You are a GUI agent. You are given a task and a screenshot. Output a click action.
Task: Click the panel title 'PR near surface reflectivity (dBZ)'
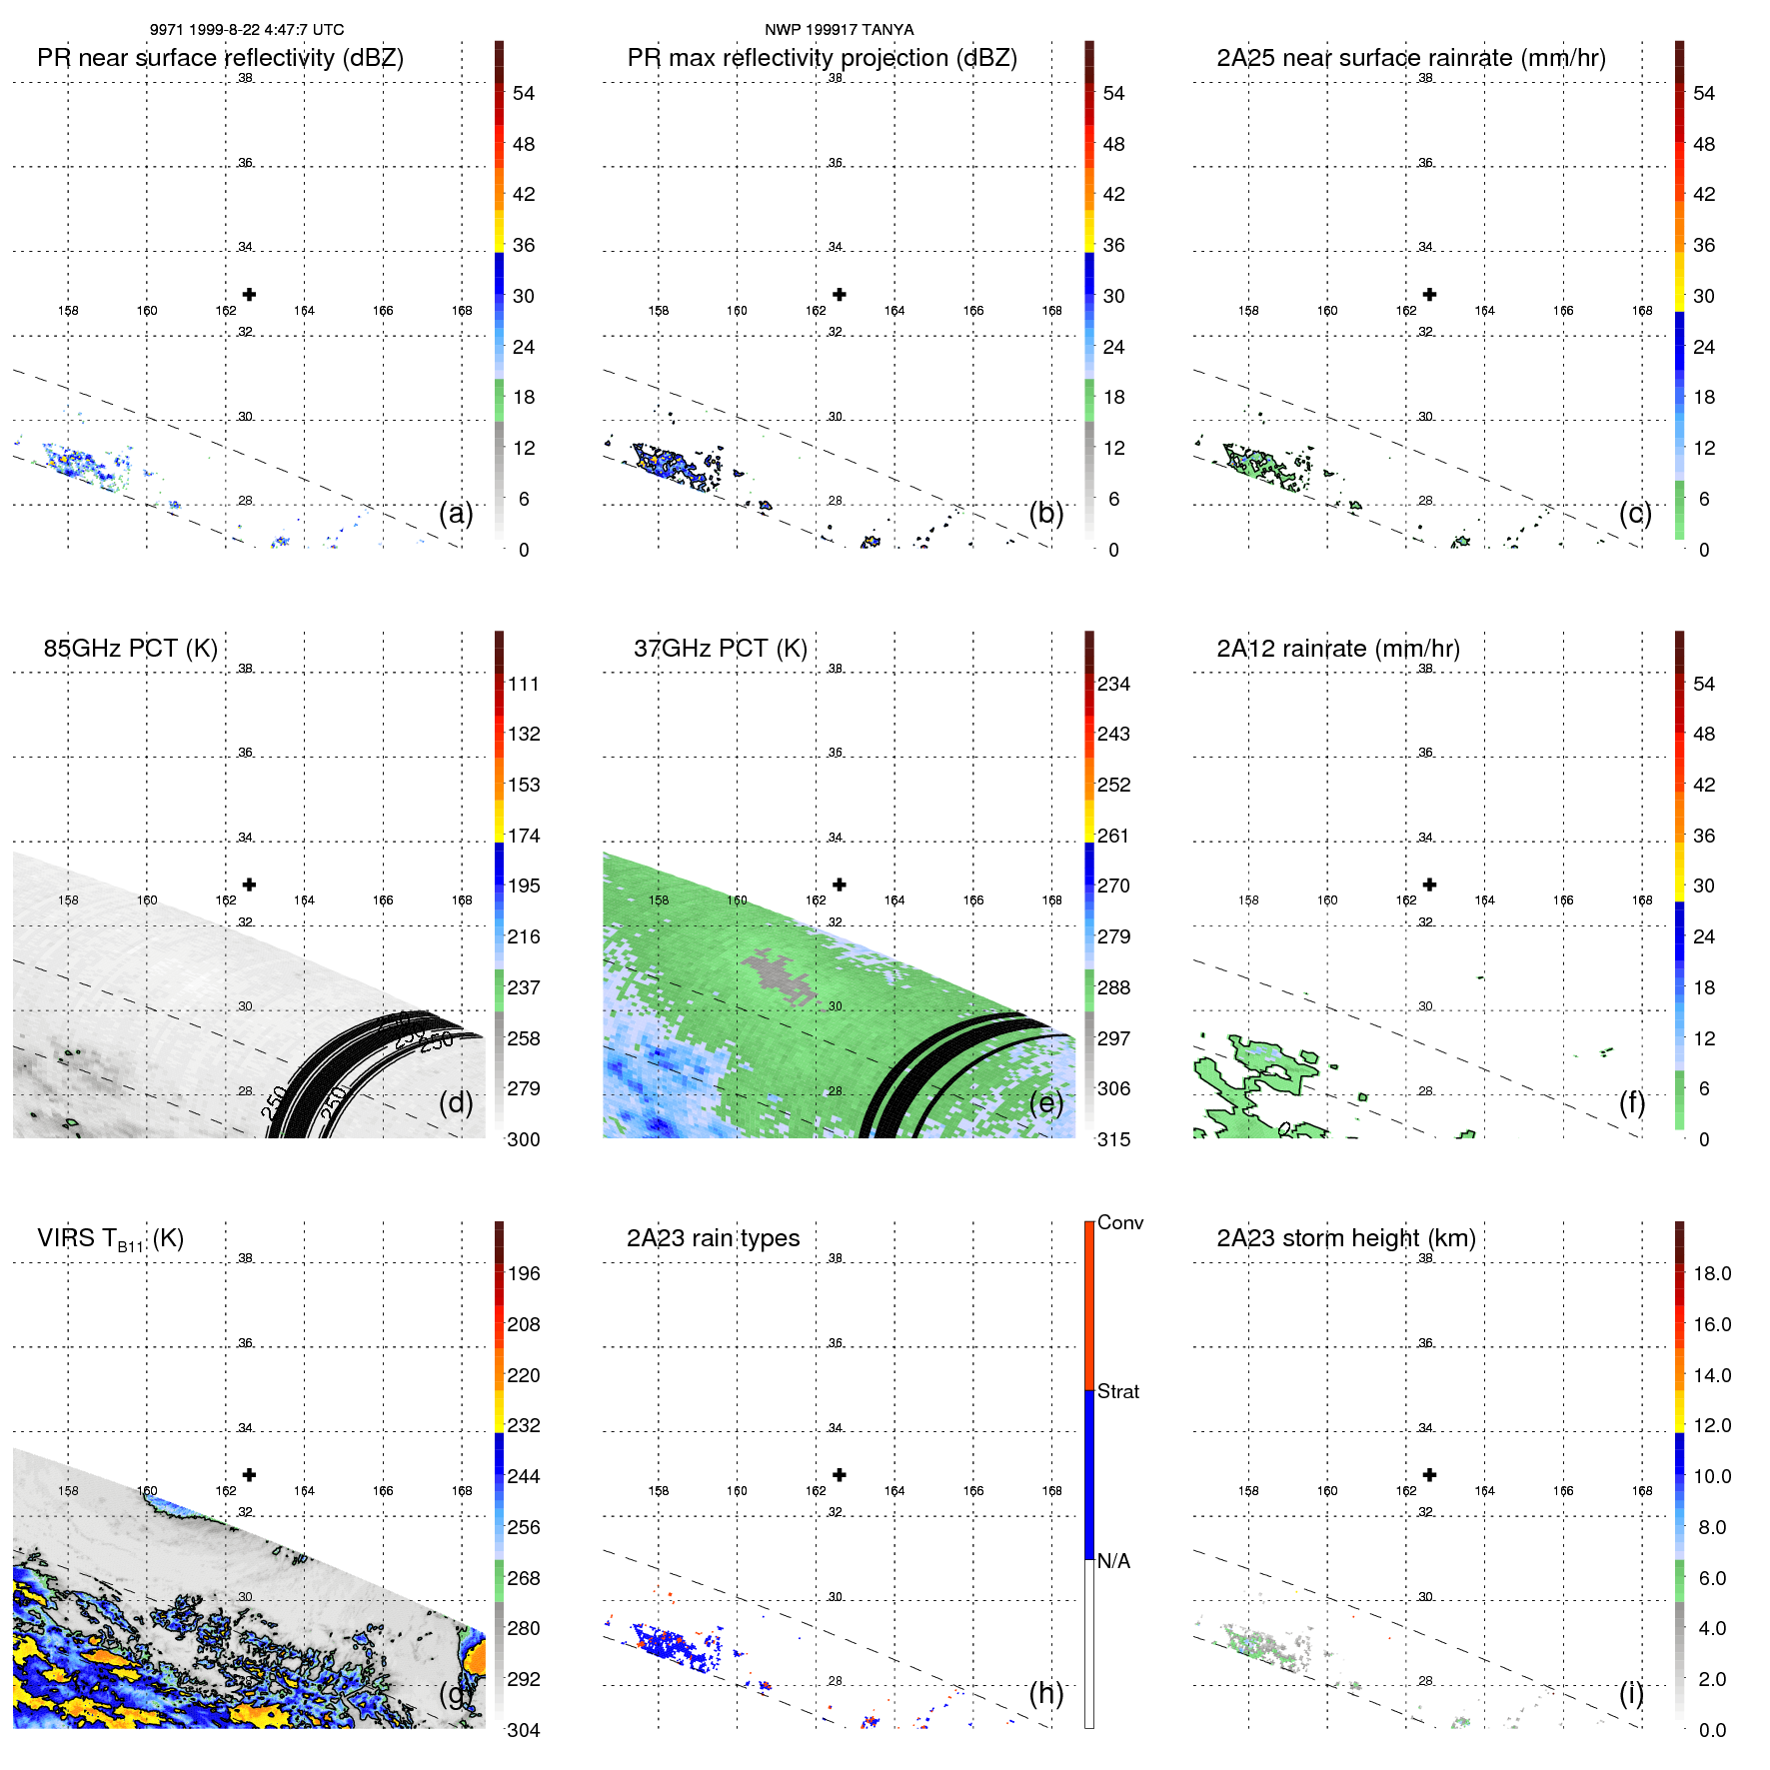[x=220, y=58]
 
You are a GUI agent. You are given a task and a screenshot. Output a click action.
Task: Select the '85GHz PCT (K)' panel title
[x=130, y=649]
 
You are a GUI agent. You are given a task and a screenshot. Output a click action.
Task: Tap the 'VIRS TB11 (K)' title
[x=110, y=1239]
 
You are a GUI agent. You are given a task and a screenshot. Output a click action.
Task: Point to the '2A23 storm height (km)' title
[x=1345, y=1238]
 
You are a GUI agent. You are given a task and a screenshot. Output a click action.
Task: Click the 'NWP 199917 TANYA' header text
[x=839, y=30]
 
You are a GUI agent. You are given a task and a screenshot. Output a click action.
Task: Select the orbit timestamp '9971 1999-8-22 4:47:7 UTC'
[x=247, y=30]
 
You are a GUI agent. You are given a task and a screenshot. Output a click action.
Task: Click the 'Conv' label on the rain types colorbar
[x=1119, y=1222]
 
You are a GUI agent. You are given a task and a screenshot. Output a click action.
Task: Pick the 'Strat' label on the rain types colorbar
[x=1117, y=1391]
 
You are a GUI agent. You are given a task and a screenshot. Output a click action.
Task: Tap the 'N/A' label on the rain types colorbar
[x=1113, y=1561]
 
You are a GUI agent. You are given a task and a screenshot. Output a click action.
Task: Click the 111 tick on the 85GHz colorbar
[x=524, y=685]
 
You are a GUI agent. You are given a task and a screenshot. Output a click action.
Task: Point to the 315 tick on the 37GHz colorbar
[x=1113, y=1139]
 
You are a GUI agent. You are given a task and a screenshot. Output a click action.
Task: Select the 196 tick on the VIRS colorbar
[x=524, y=1274]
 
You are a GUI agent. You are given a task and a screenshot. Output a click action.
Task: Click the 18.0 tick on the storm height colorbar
[x=1711, y=1274]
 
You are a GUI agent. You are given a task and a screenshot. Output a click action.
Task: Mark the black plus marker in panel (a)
[x=249, y=295]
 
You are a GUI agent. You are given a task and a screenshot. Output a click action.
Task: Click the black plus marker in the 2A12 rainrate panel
[x=1429, y=885]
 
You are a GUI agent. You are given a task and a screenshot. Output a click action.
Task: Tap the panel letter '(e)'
[x=1045, y=1102]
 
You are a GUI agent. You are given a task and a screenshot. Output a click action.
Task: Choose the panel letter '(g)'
[x=456, y=1693]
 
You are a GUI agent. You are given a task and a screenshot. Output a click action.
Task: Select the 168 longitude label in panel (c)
[x=1642, y=311]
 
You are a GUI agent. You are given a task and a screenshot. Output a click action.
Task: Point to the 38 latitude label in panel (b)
[x=836, y=78]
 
